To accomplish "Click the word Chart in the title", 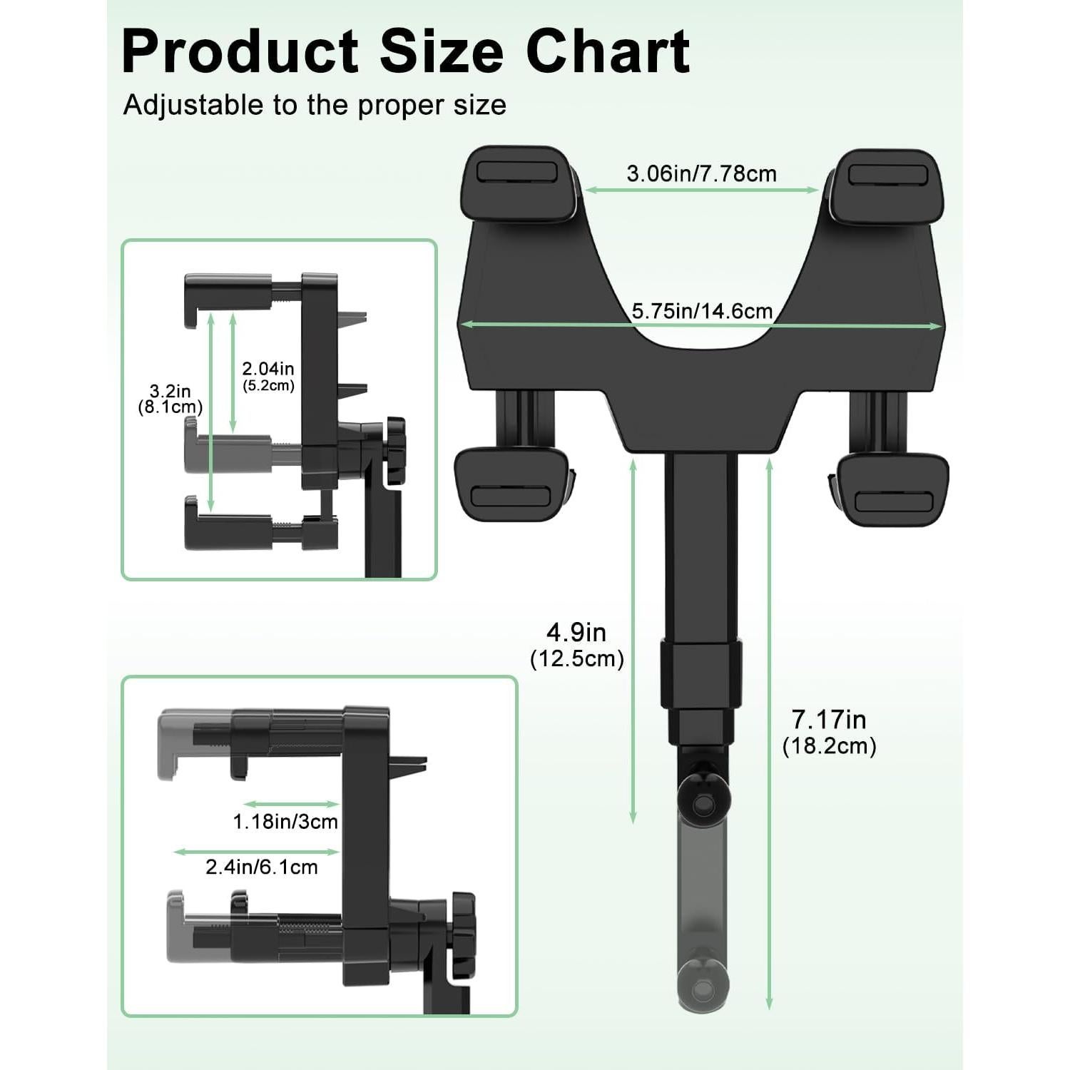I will point(608,51).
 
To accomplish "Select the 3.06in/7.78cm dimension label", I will point(701,173).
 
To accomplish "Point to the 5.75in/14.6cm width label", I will point(702,311).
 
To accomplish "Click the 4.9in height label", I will point(576,632).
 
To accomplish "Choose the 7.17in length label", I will point(829,719).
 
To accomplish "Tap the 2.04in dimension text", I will point(267,369).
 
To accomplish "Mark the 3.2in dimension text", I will point(170,391).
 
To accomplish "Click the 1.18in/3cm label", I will point(285,822).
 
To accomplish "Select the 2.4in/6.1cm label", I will point(262,867).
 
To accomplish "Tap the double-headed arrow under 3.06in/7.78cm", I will point(701,190).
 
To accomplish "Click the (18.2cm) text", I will point(829,746).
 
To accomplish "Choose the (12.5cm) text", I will point(576,658).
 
